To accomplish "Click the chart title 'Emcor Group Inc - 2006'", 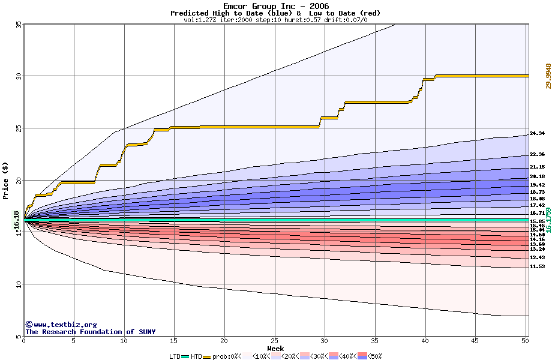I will coord(275,6).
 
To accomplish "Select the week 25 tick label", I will coord(274,341).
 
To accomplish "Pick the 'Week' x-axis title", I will coord(275,348).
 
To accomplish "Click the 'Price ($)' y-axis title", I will coord(6,180).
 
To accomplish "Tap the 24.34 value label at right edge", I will coord(537,133).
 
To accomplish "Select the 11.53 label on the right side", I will coord(537,266).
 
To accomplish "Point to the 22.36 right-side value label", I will coord(537,154).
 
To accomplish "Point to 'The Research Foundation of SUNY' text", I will coord(90,332).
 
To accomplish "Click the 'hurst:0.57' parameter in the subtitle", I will coord(305,20).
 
